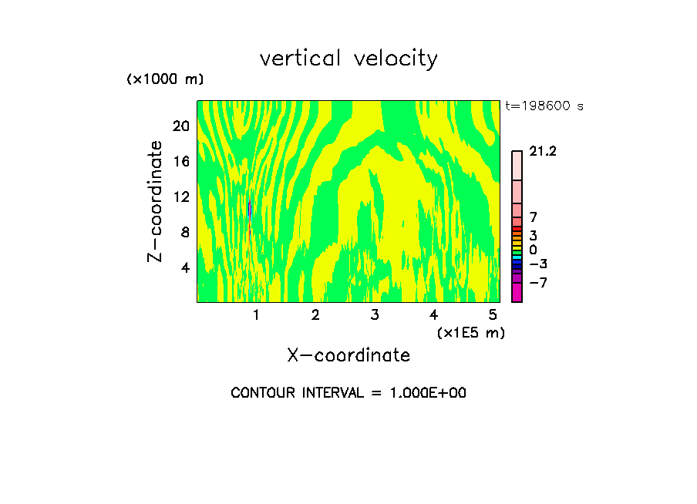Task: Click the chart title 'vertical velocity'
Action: pos(348,59)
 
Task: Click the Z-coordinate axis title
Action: pos(156,201)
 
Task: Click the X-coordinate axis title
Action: pos(348,355)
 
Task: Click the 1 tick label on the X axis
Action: pos(256,314)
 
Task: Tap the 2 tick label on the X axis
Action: pos(315,314)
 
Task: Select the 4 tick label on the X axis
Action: pos(433,314)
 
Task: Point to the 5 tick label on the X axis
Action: pos(492,314)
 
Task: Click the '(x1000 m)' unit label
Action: pos(164,79)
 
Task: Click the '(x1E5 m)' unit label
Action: pos(470,332)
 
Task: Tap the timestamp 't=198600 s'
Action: pos(544,106)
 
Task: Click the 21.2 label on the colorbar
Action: pos(543,152)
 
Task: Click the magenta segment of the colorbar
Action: pos(517,293)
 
